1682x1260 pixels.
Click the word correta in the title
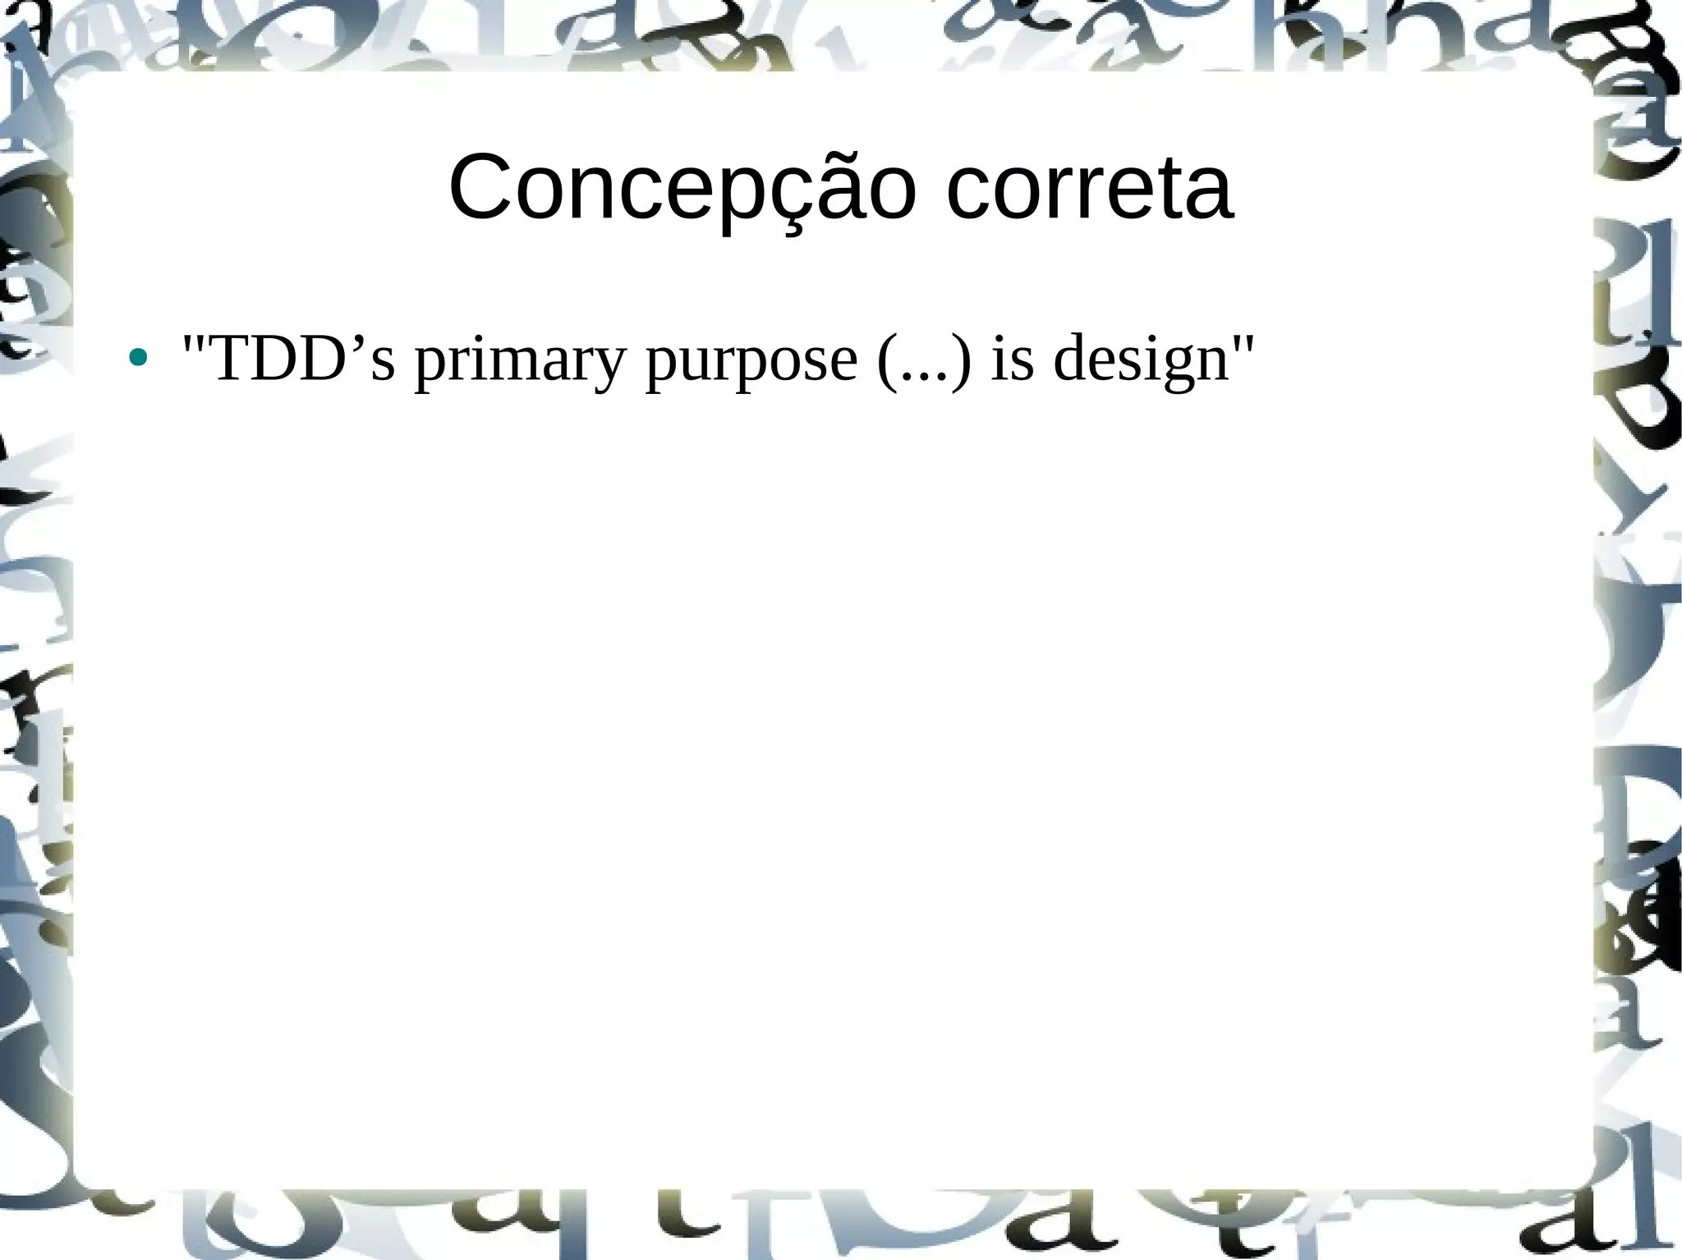click(1089, 189)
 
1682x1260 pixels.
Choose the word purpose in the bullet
click(751, 361)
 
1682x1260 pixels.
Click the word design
click(1140, 361)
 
